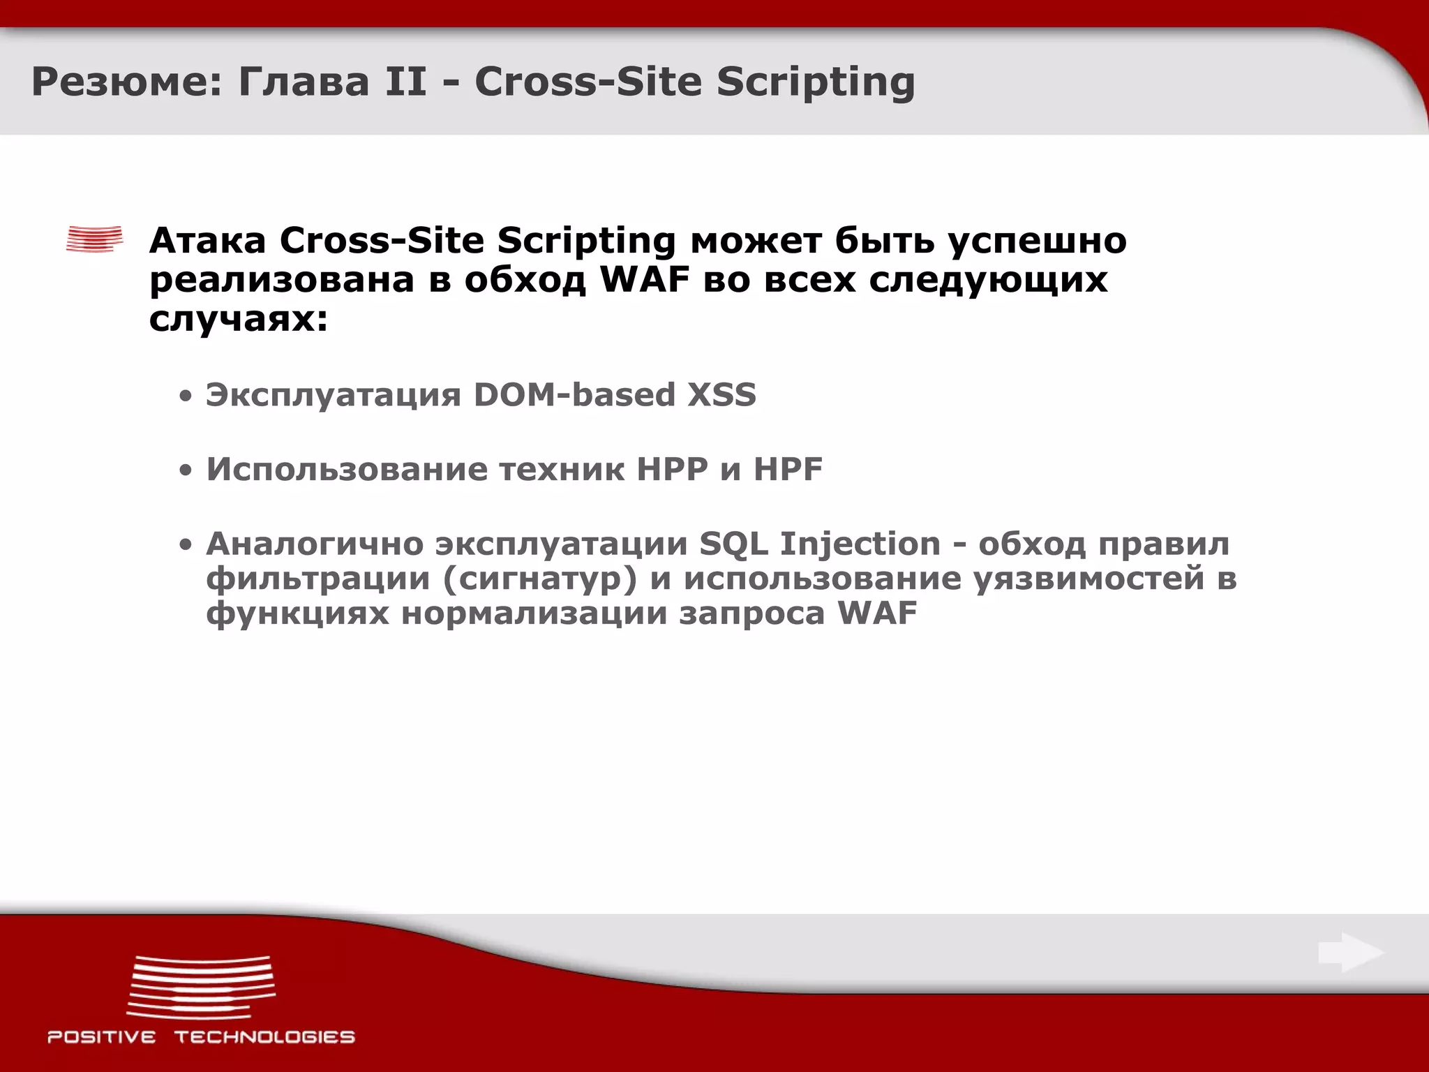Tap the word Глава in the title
coord(303,82)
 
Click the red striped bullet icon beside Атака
coord(94,239)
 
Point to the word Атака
coord(207,241)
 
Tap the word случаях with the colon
coord(238,320)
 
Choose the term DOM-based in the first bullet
coord(574,394)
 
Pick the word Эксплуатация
coord(333,394)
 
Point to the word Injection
coord(860,544)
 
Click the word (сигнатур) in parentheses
coord(539,579)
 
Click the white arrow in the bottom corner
coord(1351,953)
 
